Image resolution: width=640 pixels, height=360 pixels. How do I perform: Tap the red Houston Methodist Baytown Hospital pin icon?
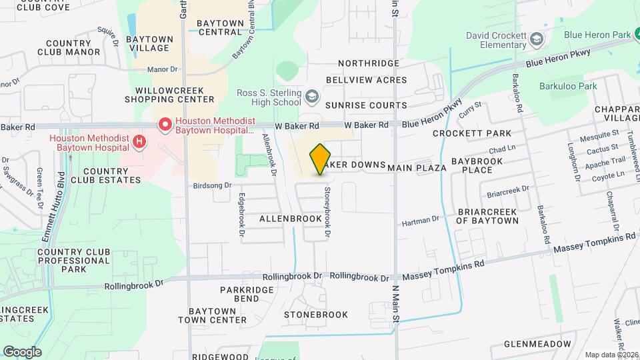coord(163,125)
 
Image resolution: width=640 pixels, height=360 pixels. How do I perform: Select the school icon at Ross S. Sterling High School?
coord(311,98)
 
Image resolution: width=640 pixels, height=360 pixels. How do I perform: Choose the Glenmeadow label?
coord(537,344)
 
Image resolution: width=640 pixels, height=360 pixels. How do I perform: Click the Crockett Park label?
coord(471,133)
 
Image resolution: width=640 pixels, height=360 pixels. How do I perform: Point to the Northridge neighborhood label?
coord(368,63)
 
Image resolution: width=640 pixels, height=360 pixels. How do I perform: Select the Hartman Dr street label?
coord(420,219)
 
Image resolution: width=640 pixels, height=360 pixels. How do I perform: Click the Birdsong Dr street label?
coord(211,186)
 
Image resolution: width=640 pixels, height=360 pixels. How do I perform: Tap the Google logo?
coord(22,351)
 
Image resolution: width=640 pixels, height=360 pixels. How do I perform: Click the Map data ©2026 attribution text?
coord(611,355)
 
